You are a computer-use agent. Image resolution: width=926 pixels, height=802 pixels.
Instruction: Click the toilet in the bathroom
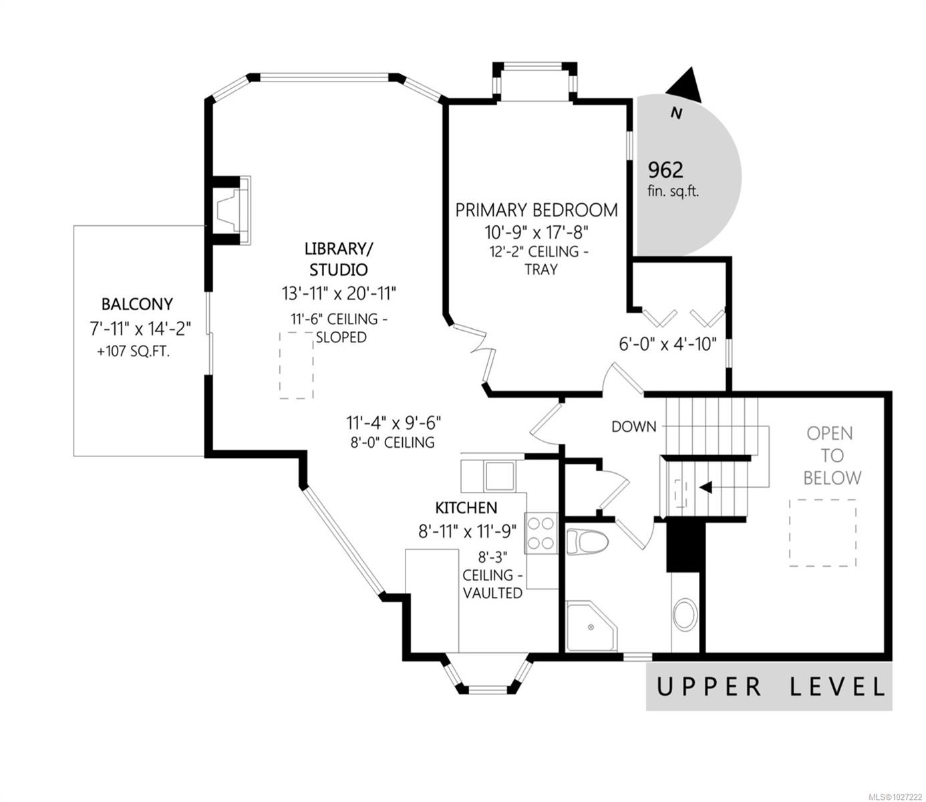587,543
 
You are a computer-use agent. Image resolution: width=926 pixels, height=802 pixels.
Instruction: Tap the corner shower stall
591,627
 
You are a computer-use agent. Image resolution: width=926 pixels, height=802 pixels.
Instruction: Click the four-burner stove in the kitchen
541,533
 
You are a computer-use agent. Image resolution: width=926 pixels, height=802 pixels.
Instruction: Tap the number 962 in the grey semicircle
665,170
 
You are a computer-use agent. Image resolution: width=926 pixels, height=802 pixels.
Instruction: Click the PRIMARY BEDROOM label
536,210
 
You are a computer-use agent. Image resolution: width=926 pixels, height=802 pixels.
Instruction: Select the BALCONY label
137,304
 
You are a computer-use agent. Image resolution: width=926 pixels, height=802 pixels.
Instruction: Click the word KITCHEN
466,508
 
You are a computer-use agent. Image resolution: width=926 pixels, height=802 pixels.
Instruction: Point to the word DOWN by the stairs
633,426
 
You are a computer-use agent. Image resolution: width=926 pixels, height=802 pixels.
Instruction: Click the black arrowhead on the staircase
706,487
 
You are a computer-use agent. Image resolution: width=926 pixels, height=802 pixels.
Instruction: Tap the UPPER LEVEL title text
770,686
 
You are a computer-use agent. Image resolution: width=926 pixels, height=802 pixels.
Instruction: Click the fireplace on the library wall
230,210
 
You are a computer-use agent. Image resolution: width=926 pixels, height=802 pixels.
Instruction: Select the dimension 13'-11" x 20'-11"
339,293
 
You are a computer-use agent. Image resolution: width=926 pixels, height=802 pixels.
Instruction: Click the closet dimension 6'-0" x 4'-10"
667,344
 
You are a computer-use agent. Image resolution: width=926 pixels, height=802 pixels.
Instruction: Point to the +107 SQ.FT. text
134,352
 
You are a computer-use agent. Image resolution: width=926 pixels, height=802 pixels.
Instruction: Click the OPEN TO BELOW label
832,456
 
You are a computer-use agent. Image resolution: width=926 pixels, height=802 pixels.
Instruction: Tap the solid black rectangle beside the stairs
683,546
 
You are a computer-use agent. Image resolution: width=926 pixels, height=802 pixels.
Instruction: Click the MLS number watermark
895,796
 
